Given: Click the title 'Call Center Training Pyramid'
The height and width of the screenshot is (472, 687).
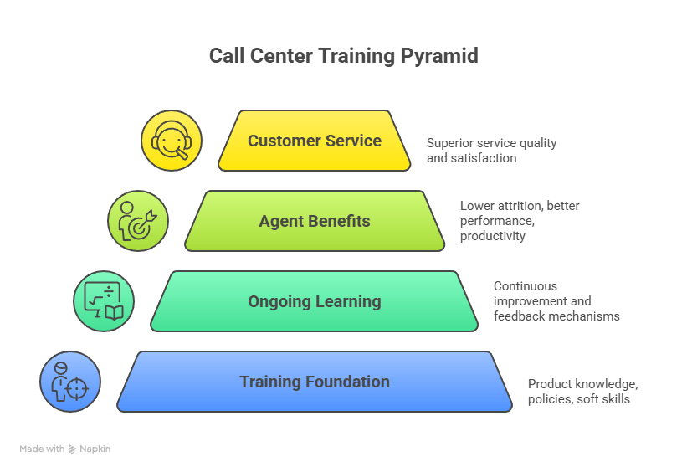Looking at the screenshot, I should [x=343, y=56].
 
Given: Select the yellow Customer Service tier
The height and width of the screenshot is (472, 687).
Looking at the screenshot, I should [x=315, y=141].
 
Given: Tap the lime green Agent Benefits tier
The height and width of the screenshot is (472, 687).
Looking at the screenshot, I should [x=315, y=221].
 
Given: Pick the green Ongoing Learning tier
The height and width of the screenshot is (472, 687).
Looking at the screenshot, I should [x=315, y=301].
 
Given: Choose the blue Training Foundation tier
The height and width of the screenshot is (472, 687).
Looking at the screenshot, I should [x=315, y=382].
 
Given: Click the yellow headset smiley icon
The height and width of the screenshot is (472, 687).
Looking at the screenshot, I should [x=171, y=141].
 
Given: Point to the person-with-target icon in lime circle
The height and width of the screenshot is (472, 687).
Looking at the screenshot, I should [x=137, y=221].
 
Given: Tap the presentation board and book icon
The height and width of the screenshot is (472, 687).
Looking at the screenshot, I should [x=104, y=301].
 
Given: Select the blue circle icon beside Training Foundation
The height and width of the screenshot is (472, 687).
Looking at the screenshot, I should [x=70, y=382].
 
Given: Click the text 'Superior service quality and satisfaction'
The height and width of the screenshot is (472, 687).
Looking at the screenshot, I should [x=491, y=150].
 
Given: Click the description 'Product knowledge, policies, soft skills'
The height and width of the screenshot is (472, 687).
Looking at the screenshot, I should [x=582, y=392].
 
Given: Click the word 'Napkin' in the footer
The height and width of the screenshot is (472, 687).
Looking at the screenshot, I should [x=95, y=449].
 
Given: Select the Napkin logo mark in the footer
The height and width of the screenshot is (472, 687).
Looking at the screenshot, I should [x=73, y=449].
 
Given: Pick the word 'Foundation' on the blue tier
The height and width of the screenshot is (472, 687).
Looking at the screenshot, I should [x=347, y=382].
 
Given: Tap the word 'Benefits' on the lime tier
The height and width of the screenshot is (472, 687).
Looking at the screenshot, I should [x=337, y=221].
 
